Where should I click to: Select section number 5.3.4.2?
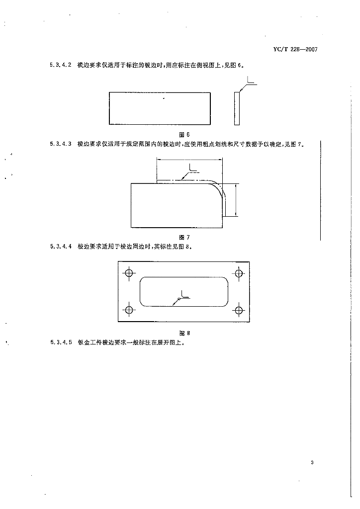click(x=61, y=65)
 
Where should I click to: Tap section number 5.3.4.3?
click(x=61, y=144)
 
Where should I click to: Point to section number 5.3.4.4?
click(x=61, y=246)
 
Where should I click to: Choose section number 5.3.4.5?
click(x=61, y=342)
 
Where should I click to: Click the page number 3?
click(x=312, y=463)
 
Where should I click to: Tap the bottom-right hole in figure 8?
click(x=239, y=310)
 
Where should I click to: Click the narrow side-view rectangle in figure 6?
click(x=237, y=108)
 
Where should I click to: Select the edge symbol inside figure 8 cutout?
click(x=183, y=296)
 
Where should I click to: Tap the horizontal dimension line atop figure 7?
click(x=189, y=159)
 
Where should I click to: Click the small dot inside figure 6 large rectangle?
click(x=164, y=99)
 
